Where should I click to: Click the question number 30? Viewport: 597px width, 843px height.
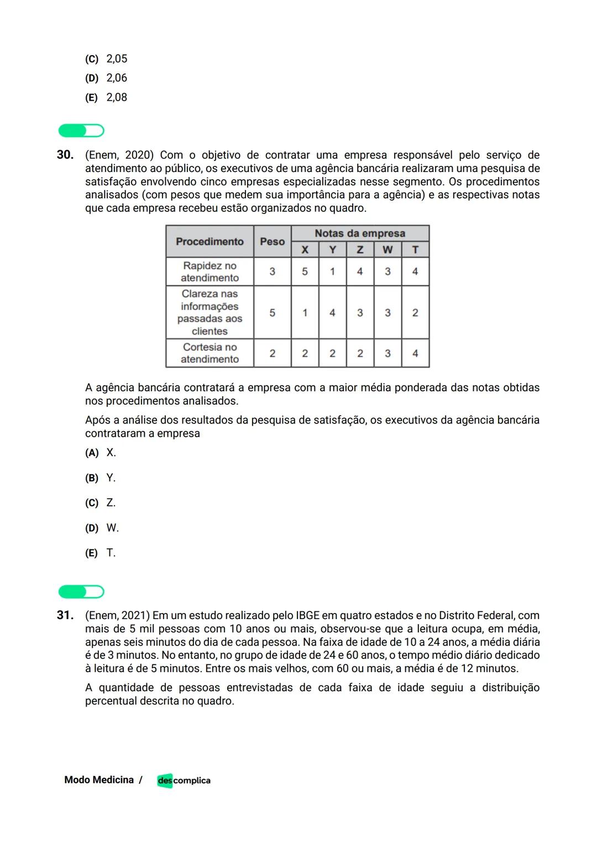[x=65, y=155]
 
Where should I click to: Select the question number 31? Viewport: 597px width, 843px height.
[x=65, y=615]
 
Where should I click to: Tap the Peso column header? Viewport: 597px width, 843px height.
[x=272, y=242]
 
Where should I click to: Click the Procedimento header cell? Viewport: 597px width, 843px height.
[x=210, y=242]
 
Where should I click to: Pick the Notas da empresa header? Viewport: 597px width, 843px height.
[x=360, y=233]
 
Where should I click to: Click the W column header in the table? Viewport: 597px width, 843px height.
[x=387, y=250]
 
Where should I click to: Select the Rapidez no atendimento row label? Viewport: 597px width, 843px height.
[x=210, y=271]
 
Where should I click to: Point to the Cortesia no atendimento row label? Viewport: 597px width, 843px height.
[x=210, y=353]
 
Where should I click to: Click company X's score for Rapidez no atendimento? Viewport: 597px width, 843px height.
[x=305, y=271]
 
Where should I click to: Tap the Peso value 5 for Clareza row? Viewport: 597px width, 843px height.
[x=272, y=313]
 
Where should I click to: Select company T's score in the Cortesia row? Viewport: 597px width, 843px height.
[x=415, y=353]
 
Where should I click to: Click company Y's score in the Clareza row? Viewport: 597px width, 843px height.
[x=332, y=313]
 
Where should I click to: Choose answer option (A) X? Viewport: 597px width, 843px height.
[x=101, y=453]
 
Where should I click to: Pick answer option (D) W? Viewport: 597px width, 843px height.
[x=102, y=528]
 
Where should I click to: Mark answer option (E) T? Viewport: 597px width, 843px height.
[x=101, y=553]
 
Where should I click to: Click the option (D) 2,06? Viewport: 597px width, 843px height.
[x=106, y=78]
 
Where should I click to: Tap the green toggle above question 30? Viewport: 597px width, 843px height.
[x=81, y=131]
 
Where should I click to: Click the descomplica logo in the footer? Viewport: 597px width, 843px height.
[x=184, y=781]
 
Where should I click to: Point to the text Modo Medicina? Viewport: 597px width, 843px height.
[x=99, y=780]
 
